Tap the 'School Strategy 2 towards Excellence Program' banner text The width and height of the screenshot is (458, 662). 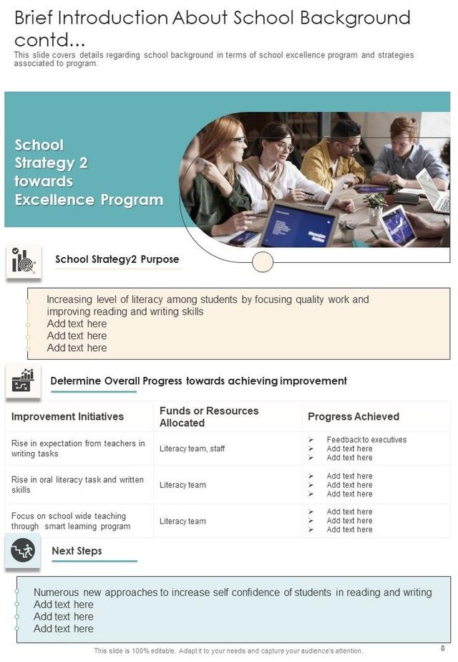[89, 172]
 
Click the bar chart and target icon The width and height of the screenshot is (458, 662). [24, 262]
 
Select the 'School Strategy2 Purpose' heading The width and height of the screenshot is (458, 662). [117, 259]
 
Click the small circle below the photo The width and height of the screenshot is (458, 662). [263, 262]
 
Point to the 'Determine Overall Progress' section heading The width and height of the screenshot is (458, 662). [198, 381]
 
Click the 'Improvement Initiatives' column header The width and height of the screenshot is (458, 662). [67, 416]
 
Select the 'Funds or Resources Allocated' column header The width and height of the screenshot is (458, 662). [208, 416]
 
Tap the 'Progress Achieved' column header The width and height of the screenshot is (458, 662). [353, 416]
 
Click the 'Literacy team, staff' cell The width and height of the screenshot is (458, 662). [192, 448]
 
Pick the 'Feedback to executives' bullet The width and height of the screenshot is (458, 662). [366, 440]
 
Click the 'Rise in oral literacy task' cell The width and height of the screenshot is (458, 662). [77, 485]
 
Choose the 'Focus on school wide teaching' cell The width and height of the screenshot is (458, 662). [70, 521]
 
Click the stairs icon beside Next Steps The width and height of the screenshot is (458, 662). [23, 551]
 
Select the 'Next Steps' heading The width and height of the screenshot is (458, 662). [77, 551]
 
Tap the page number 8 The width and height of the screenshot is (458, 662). [442, 648]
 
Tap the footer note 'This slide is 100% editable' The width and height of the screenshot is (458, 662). [228, 651]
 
